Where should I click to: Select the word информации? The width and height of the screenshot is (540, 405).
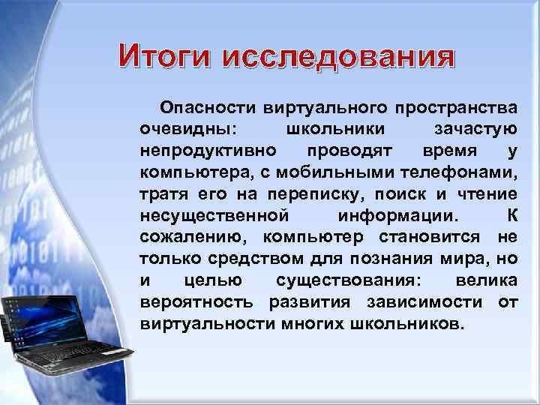pos(395,216)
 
